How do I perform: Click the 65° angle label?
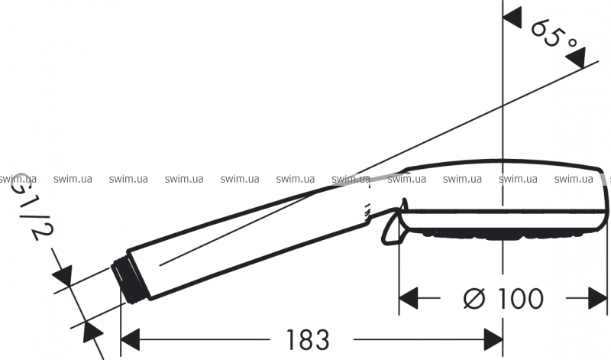click(555, 35)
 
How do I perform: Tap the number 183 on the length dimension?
click(308, 339)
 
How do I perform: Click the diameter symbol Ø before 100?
click(474, 299)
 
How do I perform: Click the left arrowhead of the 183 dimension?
click(130, 339)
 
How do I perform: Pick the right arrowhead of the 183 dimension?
click(493, 339)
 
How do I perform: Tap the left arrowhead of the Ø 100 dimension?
click(409, 298)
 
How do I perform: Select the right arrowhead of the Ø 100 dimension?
click(598, 298)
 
